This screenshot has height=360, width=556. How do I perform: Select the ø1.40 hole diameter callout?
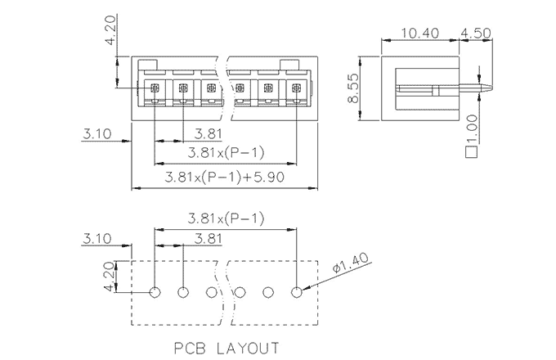(x=352, y=266)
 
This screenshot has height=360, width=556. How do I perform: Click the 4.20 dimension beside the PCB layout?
(x=108, y=277)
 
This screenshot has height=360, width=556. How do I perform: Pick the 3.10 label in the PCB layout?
(x=96, y=238)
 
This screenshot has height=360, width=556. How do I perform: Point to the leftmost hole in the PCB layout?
(x=155, y=291)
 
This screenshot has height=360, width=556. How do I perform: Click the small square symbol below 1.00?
(x=470, y=150)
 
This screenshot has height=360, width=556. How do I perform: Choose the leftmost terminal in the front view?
(x=155, y=88)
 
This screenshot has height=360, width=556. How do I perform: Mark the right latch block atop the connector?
(x=290, y=66)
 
